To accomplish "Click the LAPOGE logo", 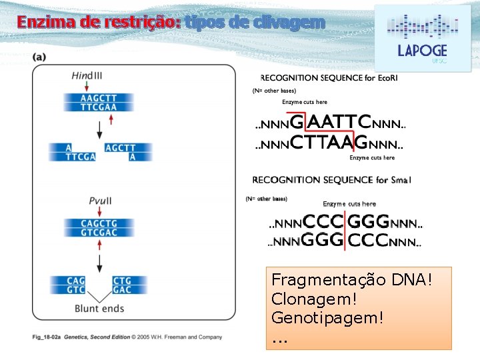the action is pos(422,38).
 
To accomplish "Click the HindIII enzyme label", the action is pos(87,75).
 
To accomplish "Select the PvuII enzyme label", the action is pos(100,201).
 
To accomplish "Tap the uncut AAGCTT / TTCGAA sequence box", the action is pos(99,102).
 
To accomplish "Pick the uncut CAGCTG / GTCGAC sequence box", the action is pos(99,227).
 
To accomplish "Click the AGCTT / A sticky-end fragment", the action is pos(120,152).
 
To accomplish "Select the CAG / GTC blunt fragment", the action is pos(75,285).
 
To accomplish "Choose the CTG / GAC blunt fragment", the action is pos(122,285).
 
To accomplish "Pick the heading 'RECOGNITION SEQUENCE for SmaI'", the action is pos(331,179).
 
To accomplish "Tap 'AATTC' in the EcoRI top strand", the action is pos(339,123).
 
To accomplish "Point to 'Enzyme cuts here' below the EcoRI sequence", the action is pos(372,158).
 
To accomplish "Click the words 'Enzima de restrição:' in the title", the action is pos(99,22).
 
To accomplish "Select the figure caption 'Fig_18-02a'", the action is pos(46,337).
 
